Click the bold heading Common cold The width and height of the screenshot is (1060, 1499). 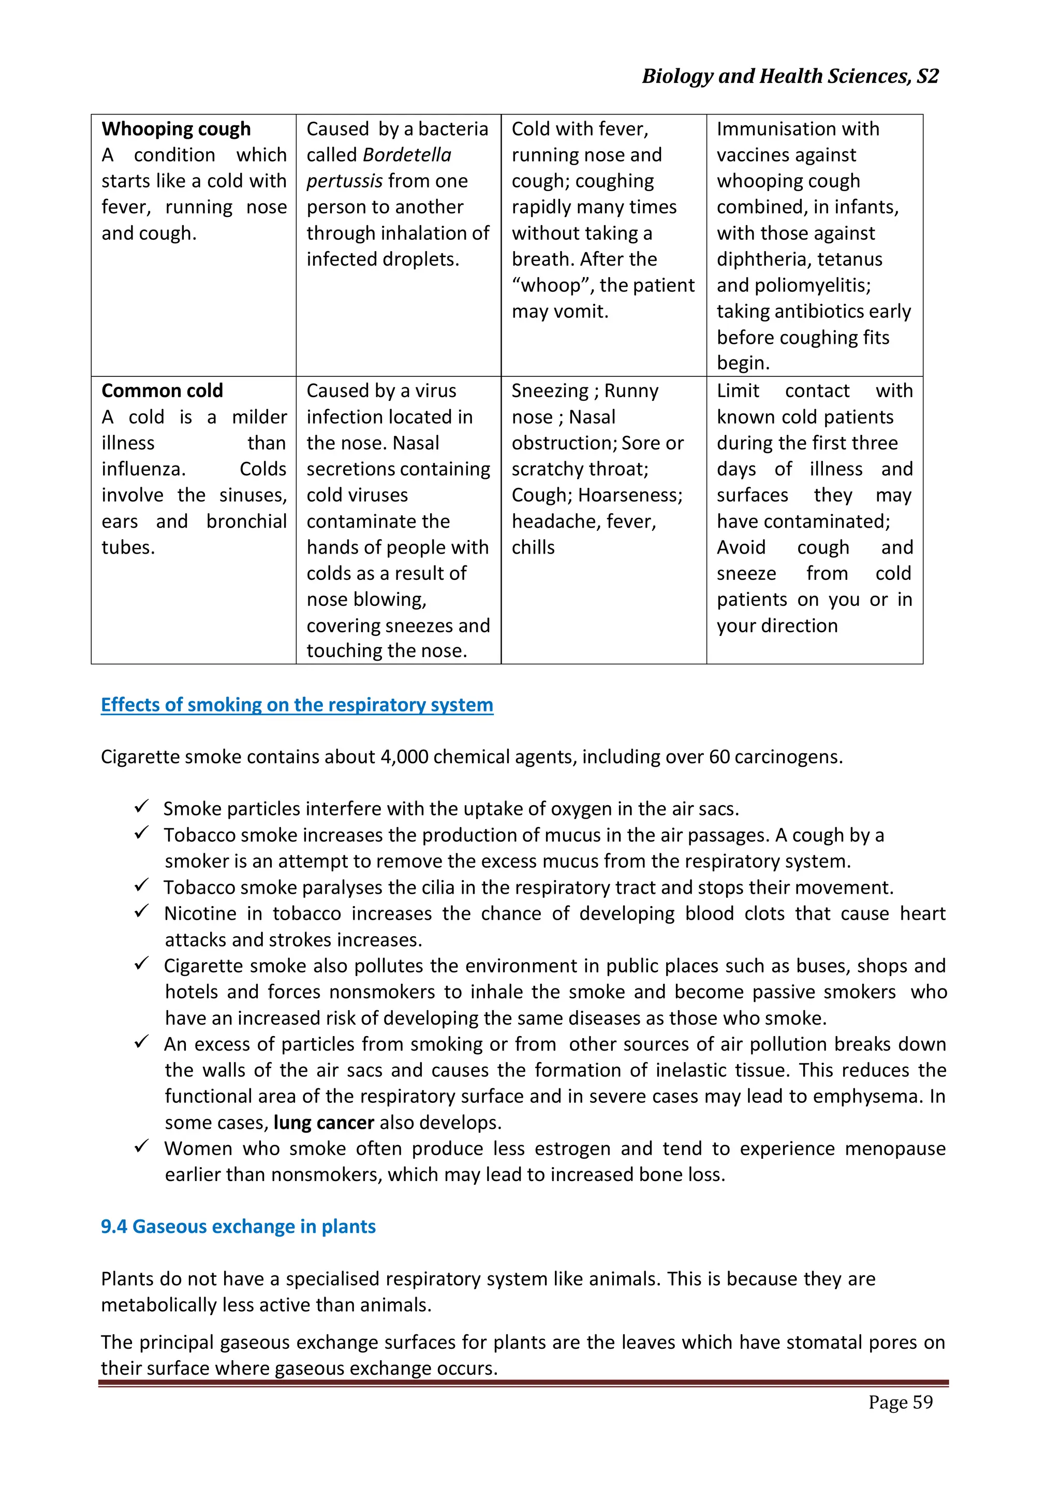162,390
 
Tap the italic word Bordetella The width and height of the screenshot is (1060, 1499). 407,155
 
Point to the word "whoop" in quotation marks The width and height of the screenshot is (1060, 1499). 551,285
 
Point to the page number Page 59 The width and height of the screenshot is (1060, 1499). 900,1402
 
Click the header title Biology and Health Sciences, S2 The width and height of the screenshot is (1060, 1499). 790,77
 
